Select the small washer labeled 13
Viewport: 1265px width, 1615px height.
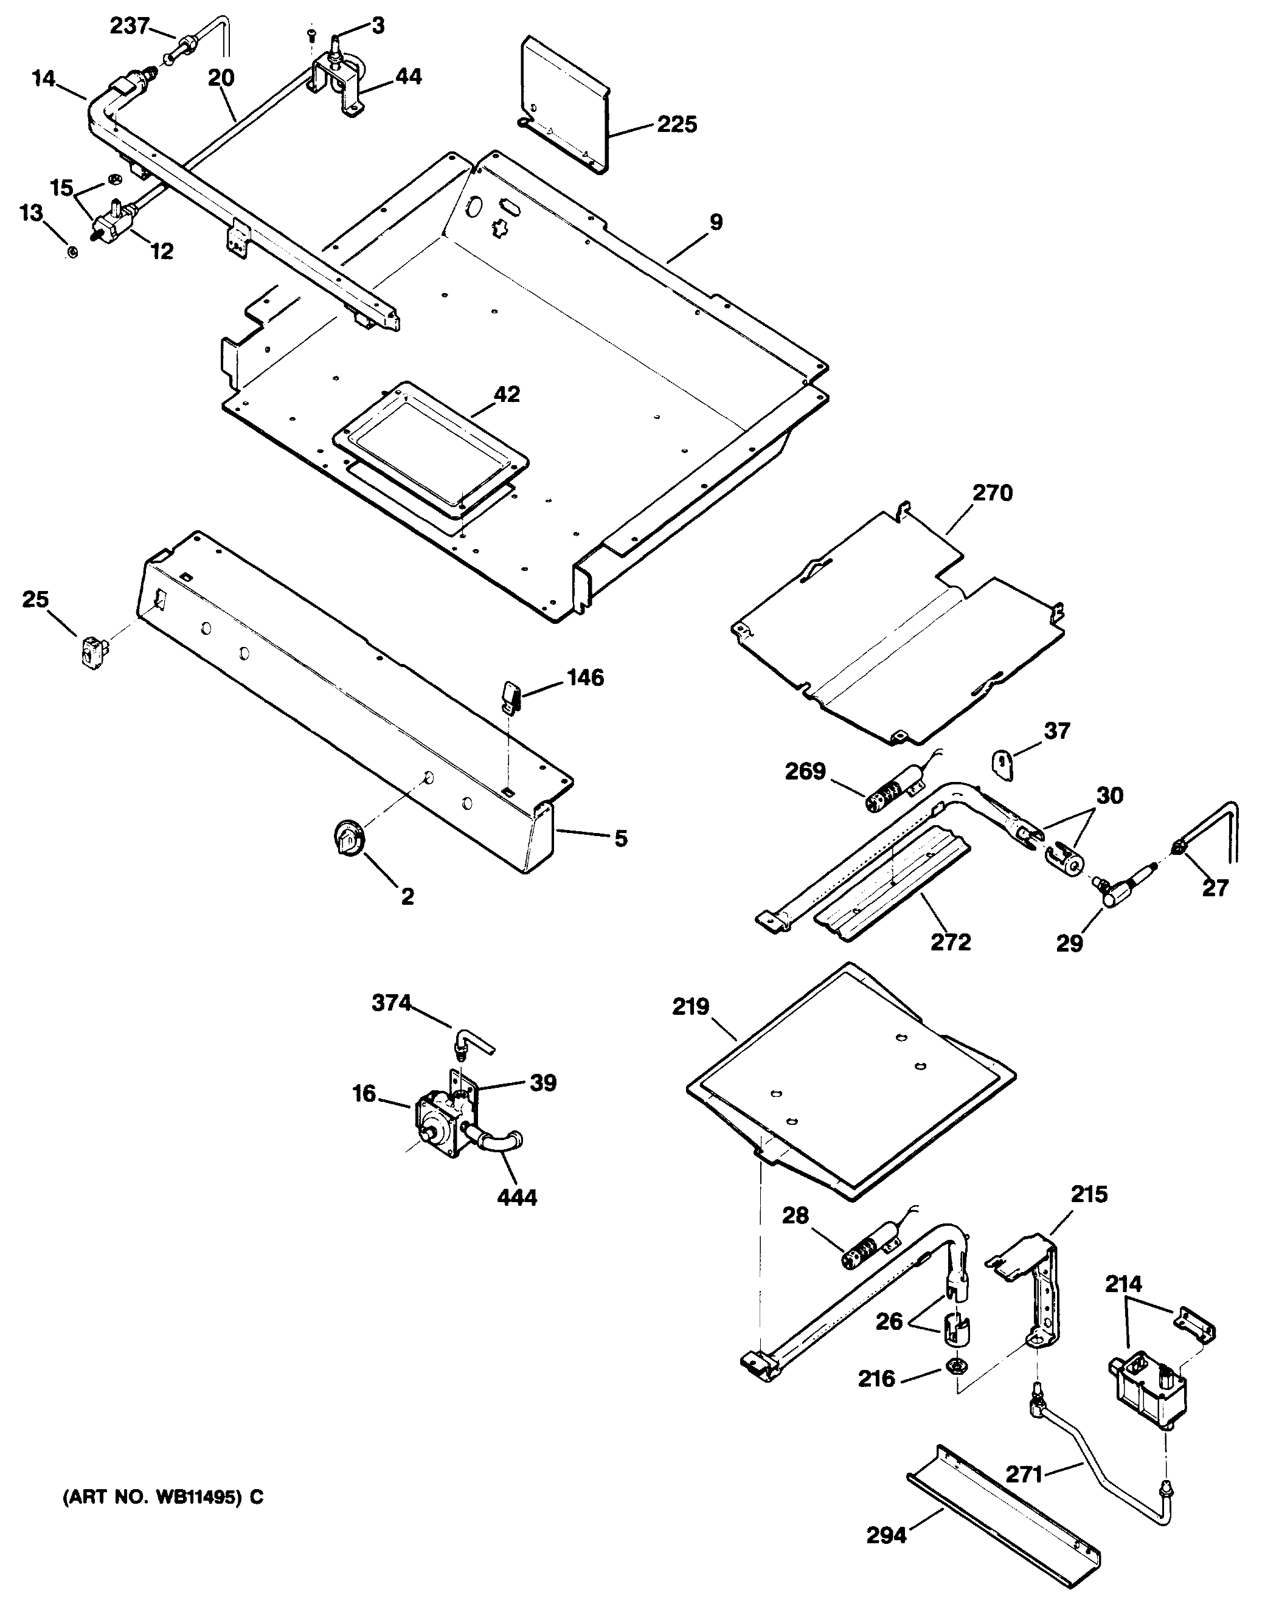pyautogui.click(x=72, y=252)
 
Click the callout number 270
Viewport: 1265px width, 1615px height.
pyautogui.click(x=993, y=493)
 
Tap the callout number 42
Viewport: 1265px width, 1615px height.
pyautogui.click(x=507, y=394)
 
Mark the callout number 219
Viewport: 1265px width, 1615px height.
pyautogui.click(x=691, y=1007)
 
